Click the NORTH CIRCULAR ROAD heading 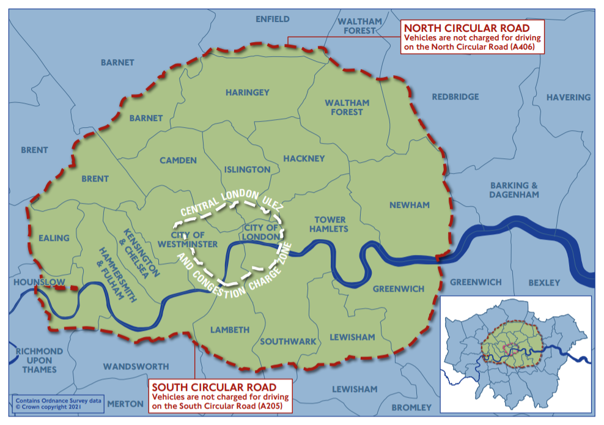[x=465, y=28]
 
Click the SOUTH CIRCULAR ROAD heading [x=214, y=387]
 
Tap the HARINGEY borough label [x=247, y=92]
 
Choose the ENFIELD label [x=273, y=19]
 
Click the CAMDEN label [x=178, y=160]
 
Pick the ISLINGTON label [x=247, y=169]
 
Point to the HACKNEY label [x=304, y=158]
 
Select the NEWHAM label [x=410, y=205]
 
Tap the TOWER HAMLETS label [x=330, y=224]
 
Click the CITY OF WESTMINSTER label [x=194, y=239]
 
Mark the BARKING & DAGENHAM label [x=514, y=190]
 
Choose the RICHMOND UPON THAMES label [x=39, y=360]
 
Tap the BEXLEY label [x=544, y=283]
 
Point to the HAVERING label [x=568, y=97]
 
